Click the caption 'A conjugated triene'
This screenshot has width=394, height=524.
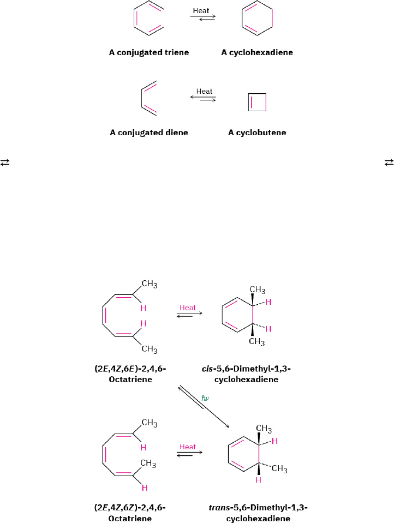[148, 53]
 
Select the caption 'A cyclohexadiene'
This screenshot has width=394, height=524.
[257, 53]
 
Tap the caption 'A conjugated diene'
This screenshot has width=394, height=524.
[148, 132]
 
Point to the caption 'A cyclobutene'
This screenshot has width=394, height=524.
[257, 132]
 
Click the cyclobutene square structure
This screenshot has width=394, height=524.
[257, 102]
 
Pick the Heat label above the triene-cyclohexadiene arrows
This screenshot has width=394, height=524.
[201, 10]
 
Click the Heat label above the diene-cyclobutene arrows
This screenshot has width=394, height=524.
[204, 91]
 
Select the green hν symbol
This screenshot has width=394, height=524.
[205, 399]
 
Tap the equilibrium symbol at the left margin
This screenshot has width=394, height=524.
[5, 162]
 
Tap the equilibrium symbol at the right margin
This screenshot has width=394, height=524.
[389, 162]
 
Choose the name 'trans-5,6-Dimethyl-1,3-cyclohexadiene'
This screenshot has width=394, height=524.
[258, 513]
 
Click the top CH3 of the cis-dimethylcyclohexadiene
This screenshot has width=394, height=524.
[258, 290]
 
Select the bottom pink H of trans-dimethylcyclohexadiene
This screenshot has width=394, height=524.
[258, 480]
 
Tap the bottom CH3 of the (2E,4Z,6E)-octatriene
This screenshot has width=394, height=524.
[150, 350]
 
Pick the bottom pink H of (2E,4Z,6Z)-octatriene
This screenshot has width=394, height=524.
[144, 487]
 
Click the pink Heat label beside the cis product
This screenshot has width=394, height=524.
[188, 308]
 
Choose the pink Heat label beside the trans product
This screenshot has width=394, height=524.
[188, 447]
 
